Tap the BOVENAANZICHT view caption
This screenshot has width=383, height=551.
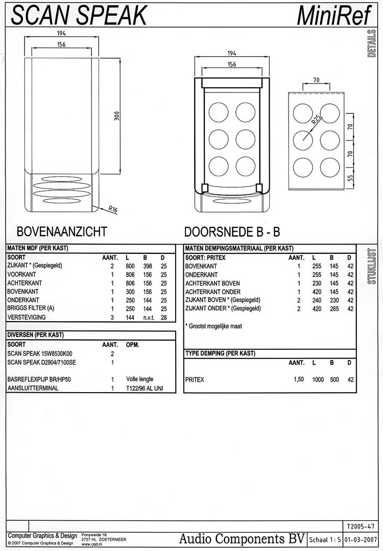pyautogui.click(x=62, y=231)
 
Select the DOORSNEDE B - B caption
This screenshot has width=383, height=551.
pyautogui.click(x=232, y=231)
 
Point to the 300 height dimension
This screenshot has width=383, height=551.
pyautogui.click(x=117, y=116)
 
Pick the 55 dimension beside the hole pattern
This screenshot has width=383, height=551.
pyautogui.click(x=350, y=179)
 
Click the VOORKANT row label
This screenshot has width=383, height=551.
pyautogui.click(x=21, y=274)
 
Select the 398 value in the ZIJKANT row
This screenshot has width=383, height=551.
pyautogui.click(x=148, y=266)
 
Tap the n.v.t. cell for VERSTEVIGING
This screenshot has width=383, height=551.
pyautogui.click(x=149, y=317)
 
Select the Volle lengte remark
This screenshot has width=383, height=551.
pyautogui.click(x=139, y=379)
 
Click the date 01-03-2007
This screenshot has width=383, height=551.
pyautogui.click(x=361, y=539)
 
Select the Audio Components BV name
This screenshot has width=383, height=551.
pyautogui.click(x=242, y=539)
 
